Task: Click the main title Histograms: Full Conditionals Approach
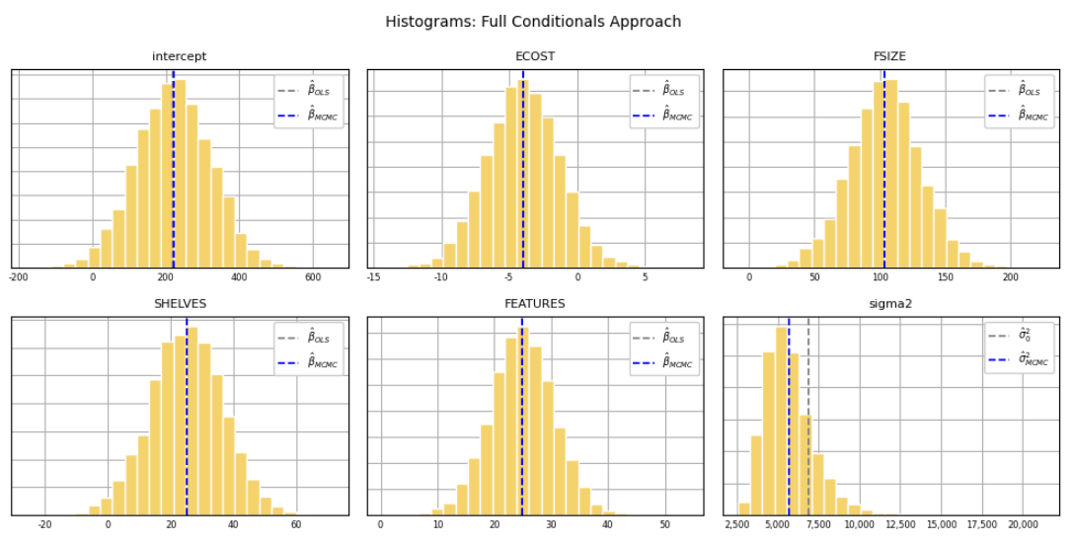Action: [x=533, y=22]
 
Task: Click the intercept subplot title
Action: [x=180, y=57]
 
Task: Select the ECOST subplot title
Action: [x=535, y=57]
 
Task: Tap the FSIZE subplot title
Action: [x=890, y=57]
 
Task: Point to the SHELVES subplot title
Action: [x=180, y=304]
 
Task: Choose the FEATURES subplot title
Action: [x=535, y=304]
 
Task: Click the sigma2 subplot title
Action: [x=890, y=304]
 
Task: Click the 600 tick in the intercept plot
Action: [x=313, y=277]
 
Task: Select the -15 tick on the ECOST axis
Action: [x=373, y=277]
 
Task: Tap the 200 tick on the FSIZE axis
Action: [x=1010, y=277]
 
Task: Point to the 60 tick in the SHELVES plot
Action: [x=295, y=525]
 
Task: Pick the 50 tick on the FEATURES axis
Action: [x=664, y=525]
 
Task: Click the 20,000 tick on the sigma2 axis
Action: [x=1023, y=525]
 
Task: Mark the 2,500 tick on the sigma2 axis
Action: [x=737, y=525]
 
